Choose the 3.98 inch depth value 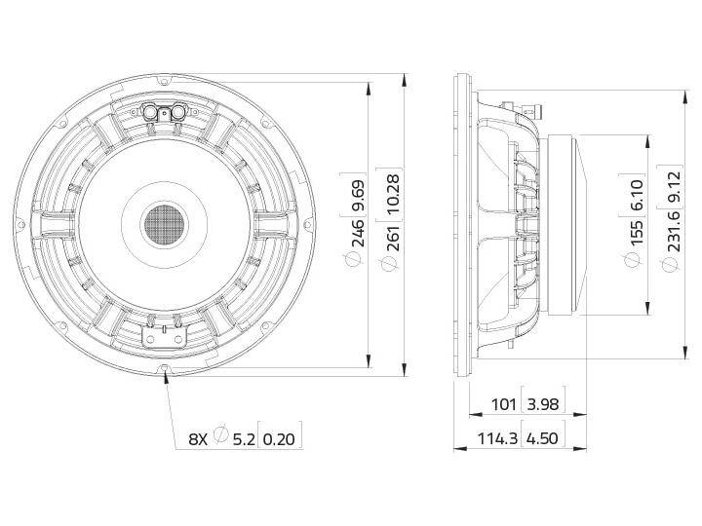[x=543, y=404]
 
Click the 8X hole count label [x=197, y=439]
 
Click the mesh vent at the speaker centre [x=164, y=224]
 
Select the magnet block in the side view [x=565, y=225]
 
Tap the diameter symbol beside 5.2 [x=221, y=438]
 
